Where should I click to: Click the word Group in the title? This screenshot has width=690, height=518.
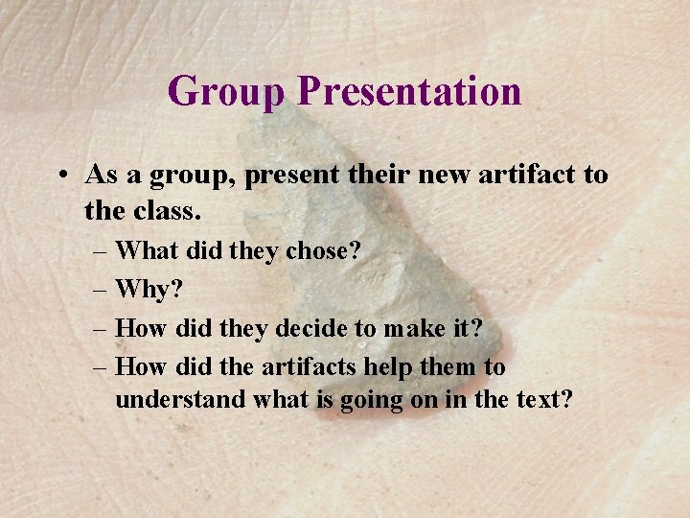click(x=227, y=92)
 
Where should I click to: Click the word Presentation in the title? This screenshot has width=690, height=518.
click(x=409, y=92)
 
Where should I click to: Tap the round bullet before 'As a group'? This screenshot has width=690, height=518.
click(x=60, y=176)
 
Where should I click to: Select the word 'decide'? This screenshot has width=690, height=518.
click(x=312, y=328)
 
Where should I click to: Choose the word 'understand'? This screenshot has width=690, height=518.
click(x=180, y=399)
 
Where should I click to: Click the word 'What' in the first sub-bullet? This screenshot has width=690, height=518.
click(x=145, y=251)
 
